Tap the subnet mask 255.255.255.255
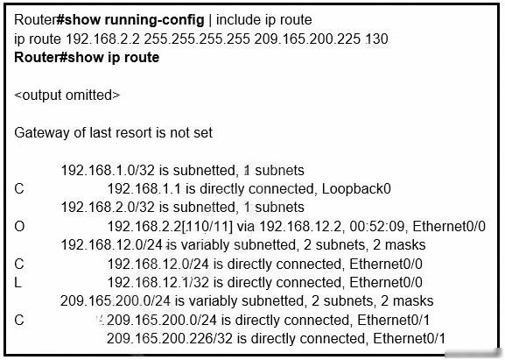197,39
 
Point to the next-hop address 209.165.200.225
307,39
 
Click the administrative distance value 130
377,39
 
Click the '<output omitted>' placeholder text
67,95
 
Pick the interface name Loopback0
356,189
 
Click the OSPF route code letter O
19,227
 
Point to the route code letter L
18,283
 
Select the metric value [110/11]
207,227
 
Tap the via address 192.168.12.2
300,227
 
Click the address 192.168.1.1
144,189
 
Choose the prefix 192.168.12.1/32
158,283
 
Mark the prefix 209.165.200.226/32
170,339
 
